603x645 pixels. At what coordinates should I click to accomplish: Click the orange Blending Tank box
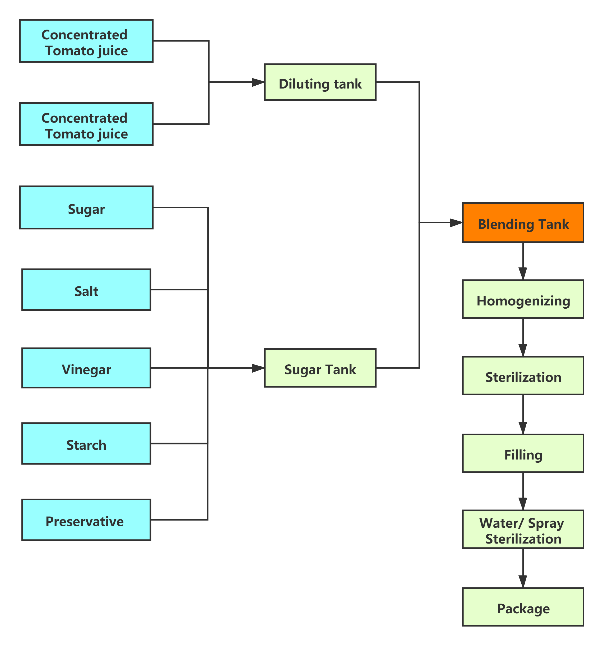[x=523, y=222]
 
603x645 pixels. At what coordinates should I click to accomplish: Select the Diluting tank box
[x=320, y=82]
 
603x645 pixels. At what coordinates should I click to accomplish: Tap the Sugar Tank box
[x=320, y=368]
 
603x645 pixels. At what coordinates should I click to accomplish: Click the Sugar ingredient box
[x=86, y=208]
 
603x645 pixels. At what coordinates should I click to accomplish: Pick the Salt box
[x=86, y=290]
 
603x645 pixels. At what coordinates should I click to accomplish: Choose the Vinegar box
[x=86, y=368]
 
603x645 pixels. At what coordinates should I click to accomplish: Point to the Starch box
[x=86, y=443]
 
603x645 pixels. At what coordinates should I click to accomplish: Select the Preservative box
[x=86, y=520]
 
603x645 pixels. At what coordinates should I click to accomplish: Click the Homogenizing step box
[x=523, y=299]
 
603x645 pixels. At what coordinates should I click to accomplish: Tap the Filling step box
[x=523, y=453]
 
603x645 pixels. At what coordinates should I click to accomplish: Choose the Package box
[x=523, y=607]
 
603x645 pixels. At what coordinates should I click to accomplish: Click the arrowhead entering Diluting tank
[x=258, y=82]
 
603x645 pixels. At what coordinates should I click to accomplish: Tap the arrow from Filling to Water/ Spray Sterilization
[x=523, y=491]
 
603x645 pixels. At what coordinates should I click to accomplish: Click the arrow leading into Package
[x=523, y=568]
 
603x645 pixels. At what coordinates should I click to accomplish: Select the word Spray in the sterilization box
[x=546, y=523]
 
